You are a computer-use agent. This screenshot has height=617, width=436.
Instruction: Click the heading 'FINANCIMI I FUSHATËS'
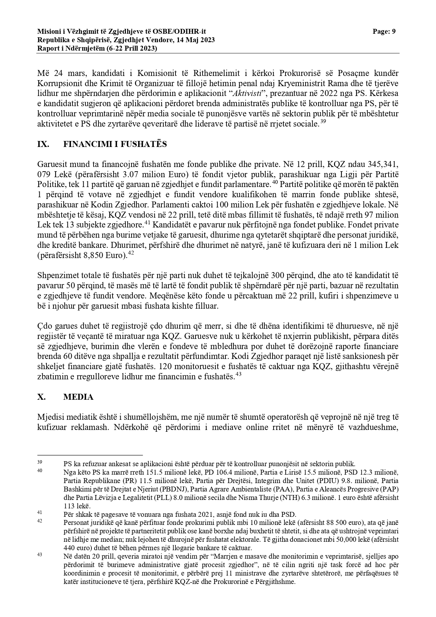115,144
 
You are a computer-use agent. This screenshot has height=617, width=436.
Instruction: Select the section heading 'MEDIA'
78,397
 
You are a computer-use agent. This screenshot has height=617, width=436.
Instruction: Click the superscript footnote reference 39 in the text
323,122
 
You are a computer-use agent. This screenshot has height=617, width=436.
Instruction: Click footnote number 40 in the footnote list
39,470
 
